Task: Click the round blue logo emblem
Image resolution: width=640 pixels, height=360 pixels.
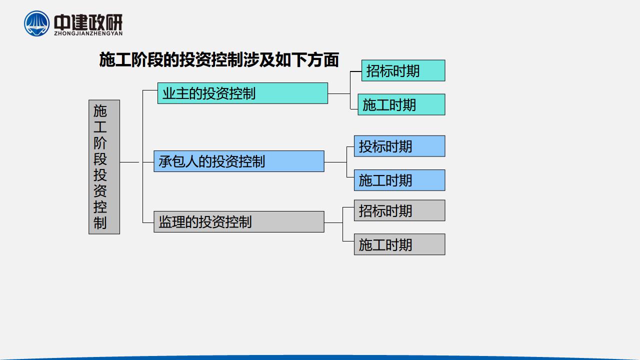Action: click(x=36, y=23)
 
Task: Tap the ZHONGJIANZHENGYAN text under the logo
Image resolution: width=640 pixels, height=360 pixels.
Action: click(x=88, y=33)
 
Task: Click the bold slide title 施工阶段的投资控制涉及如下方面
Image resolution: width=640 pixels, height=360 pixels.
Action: click(x=219, y=59)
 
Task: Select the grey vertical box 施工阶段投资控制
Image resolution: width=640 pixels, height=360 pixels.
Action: click(x=104, y=167)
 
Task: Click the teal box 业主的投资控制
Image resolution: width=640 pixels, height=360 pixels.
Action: click(x=242, y=93)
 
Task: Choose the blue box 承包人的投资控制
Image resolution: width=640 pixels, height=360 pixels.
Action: click(x=239, y=161)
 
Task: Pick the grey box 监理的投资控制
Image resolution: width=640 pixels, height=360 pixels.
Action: click(x=239, y=221)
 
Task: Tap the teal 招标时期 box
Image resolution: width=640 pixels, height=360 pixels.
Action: click(x=403, y=70)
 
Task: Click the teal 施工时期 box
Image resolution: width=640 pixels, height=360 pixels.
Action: click(x=401, y=104)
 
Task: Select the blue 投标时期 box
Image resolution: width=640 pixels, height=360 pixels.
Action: click(x=399, y=146)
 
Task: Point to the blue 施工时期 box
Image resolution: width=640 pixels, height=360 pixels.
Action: click(x=399, y=180)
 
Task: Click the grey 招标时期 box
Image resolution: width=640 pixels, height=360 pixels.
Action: click(x=399, y=210)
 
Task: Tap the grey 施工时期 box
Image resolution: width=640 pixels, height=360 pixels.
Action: click(x=399, y=244)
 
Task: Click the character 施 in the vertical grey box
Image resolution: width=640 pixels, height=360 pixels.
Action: click(x=100, y=111)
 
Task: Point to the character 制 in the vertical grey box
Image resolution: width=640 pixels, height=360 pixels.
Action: click(x=100, y=223)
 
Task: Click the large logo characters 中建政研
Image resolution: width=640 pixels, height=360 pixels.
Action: click(x=88, y=22)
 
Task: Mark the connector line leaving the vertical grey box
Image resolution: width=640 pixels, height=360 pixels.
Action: click(x=129, y=162)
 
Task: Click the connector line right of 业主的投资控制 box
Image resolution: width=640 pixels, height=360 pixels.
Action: click(x=339, y=93)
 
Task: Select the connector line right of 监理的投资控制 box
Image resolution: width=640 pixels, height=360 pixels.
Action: click(x=333, y=222)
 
